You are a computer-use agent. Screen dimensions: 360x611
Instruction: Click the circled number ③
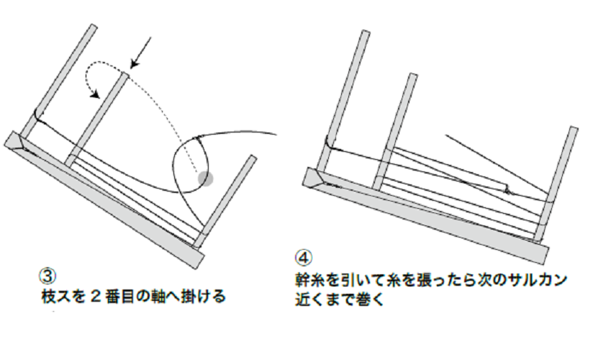coord(45,276)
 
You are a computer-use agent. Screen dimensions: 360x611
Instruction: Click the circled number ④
coord(303,257)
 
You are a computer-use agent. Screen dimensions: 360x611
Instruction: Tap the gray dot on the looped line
coord(206,177)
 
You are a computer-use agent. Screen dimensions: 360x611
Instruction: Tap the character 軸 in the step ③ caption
coord(155,295)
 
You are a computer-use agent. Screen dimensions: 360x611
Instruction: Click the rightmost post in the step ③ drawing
coord(227,198)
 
